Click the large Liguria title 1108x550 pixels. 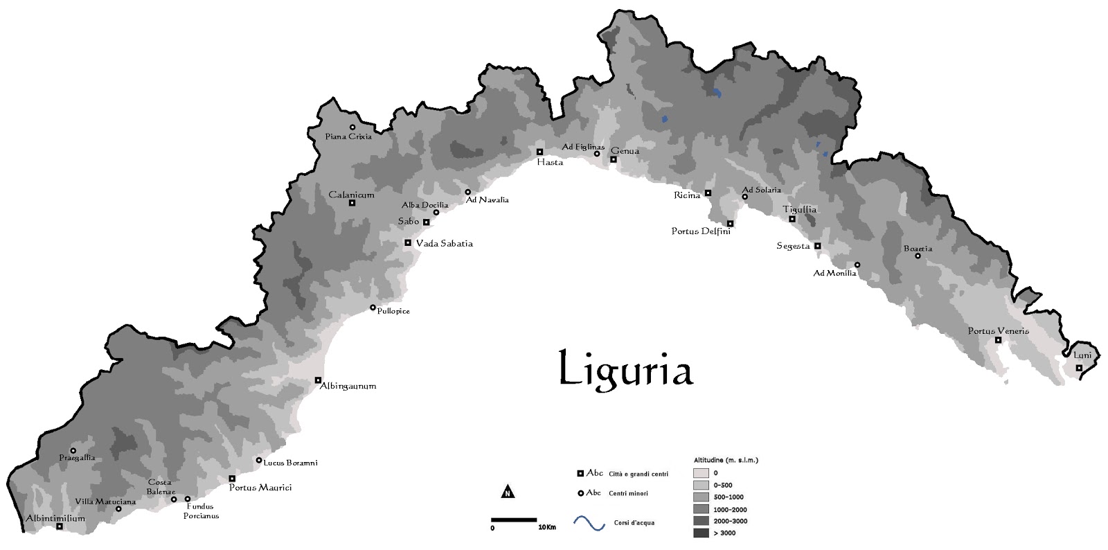click(x=625, y=369)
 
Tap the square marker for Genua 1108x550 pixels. click(x=613, y=159)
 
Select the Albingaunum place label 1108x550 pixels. click(x=348, y=386)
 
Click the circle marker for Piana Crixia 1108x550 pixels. click(x=352, y=127)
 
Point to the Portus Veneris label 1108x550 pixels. click(x=998, y=331)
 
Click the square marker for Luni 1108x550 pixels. click(x=1079, y=368)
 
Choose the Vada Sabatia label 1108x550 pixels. click(x=444, y=243)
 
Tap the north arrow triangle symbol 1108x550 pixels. click(x=508, y=492)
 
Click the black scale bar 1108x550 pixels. click(x=514, y=519)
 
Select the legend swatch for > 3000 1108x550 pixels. click(x=701, y=533)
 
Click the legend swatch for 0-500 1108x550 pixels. click(x=701, y=485)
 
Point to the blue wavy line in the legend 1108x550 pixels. click(x=590, y=522)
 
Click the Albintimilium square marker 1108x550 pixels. click(x=60, y=526)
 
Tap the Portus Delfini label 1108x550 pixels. click(x=701, y=231)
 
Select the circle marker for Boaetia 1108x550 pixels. click(x=918, y=256)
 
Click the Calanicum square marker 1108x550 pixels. click(x=352, y=203)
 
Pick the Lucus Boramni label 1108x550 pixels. click(x=290, y=463)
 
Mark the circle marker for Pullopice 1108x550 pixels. click(x=373, y=308)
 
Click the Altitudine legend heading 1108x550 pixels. click(x=726, y=460)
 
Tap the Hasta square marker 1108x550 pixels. click(x=539, y=152)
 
